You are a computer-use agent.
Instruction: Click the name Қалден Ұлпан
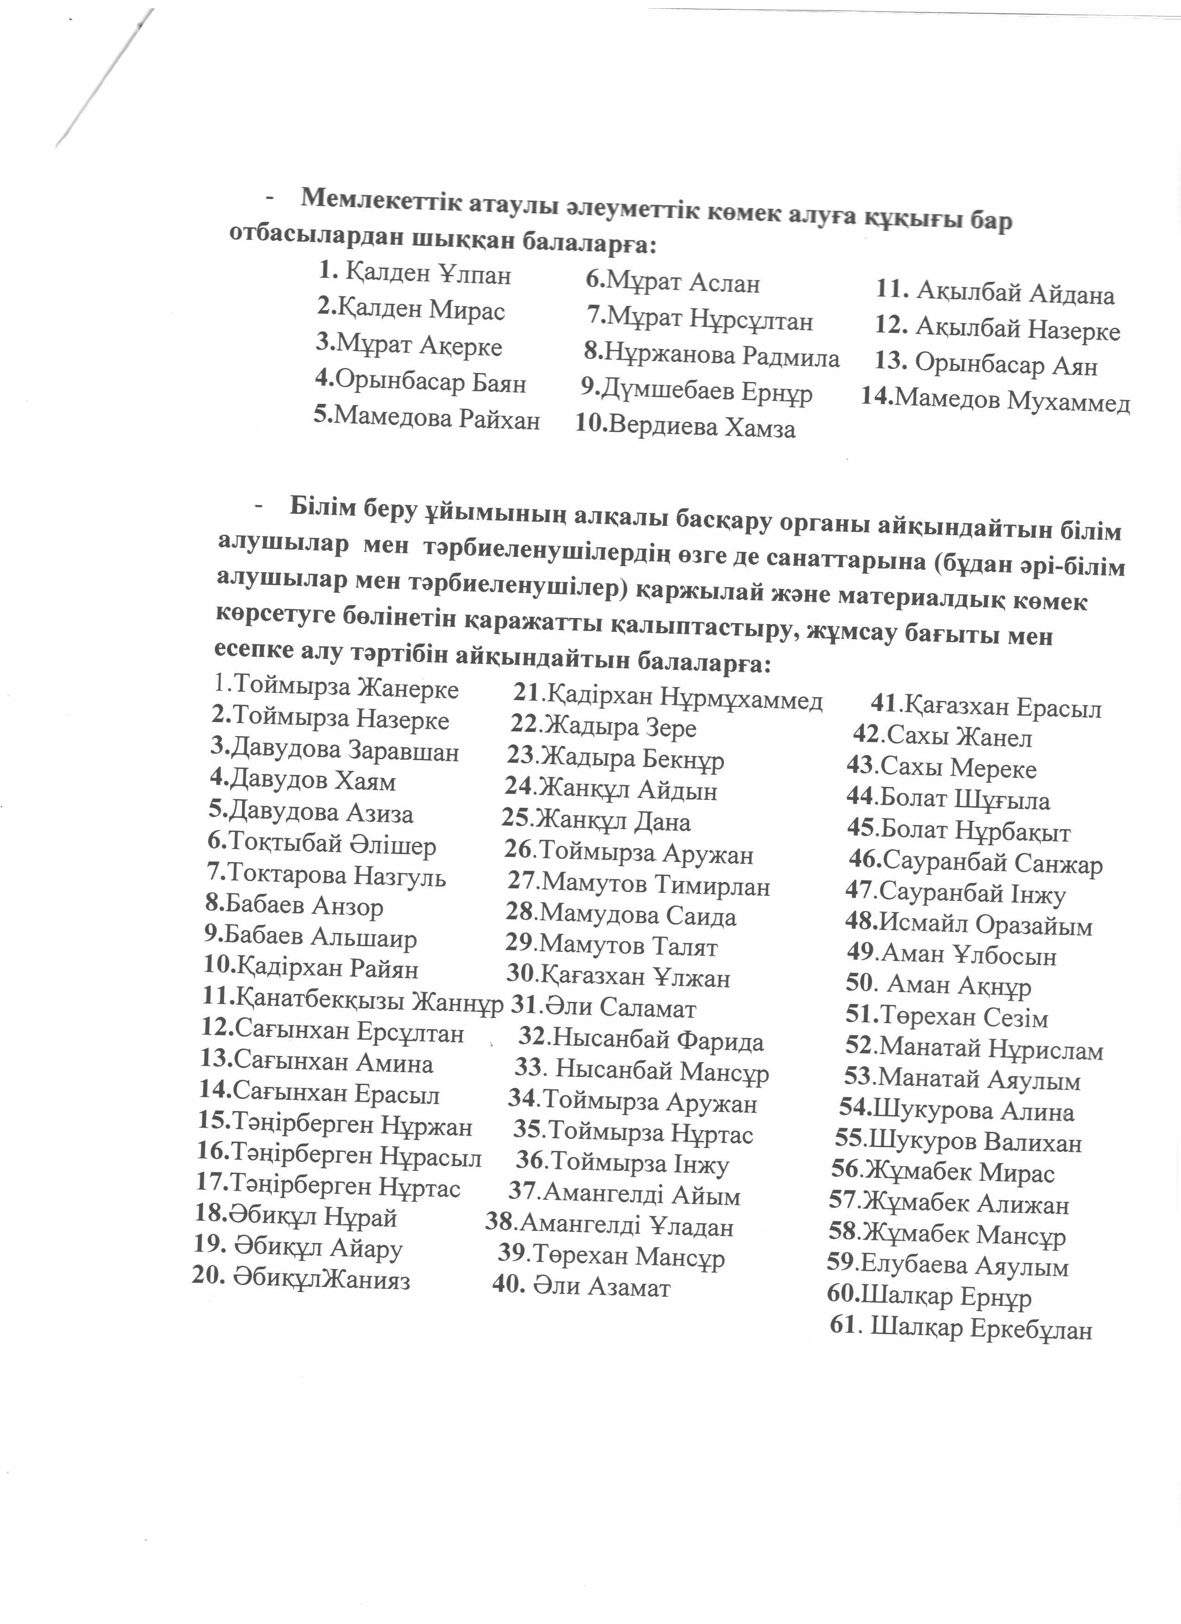point(427,274)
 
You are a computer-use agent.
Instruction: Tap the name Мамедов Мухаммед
point(1012,400)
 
